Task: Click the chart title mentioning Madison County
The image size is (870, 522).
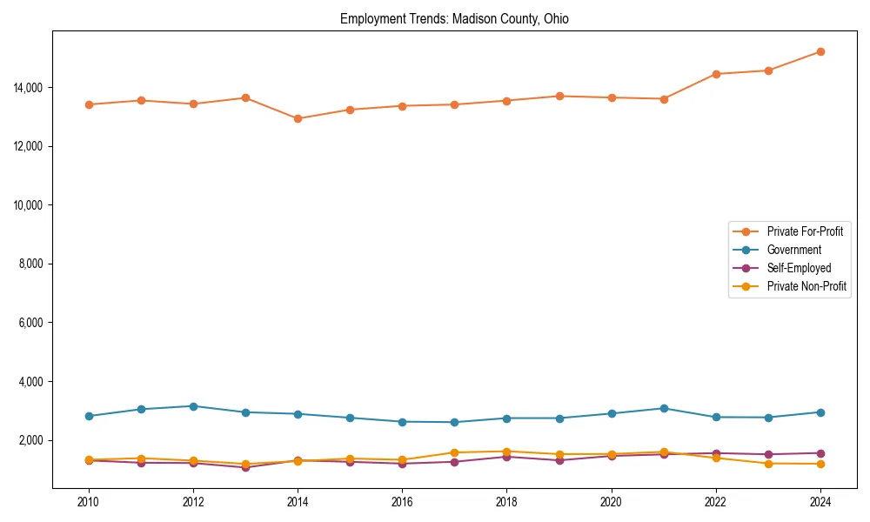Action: pyautogui.click(x=454, y=19)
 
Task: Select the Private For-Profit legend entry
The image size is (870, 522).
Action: pyautogui.click(x=798, y=231)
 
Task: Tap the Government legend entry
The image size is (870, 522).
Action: pyautogui.click(x=793, y=250)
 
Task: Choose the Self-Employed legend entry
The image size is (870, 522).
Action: pyautogui.click(x=799, y=268)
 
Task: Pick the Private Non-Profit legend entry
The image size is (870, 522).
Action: pyautogui.click(x=806, y=286)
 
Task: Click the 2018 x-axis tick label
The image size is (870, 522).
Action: pyautogui.click(x=506, y=502)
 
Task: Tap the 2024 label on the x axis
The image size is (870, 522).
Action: pyautogui.click(x=820, y=502)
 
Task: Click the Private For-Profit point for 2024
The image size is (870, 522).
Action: pyautogui.click(x=820, y=51)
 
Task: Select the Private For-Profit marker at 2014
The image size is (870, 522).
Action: pyautogui.click(x=298, y=118)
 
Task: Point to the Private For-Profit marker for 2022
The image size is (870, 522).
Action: pyautogui.click(x=716, y=74)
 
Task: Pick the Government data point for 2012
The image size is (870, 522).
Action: pyautogui.click(x=193, y=406)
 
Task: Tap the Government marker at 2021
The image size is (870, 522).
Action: pyautogui.click(x=664, y=408)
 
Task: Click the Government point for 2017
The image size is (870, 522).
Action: pyautogui.click(x=454, y=422)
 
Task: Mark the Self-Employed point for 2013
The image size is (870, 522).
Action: pyautogui.click(x=245, y=467)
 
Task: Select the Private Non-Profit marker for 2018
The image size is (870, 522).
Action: pyautogui.click(x=506, y=452)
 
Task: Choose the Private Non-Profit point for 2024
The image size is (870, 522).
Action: pyautogui.click(x=820, y=464)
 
